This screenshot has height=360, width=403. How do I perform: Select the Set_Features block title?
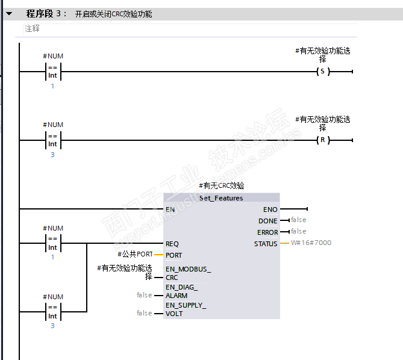pyautogui.click(x=221, y=198)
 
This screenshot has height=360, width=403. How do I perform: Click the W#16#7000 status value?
pyautogui.click(x=311, y=243)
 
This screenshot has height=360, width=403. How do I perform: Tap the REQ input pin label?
pyautogui.click(x=172, y=244)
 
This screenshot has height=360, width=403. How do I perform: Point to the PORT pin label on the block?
pyautogui.click(x=173, y=255)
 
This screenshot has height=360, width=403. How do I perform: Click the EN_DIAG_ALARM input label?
pyautogui.click(x=181, y=291)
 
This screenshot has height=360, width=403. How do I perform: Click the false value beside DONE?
pyautogui.click(x=298, y=220)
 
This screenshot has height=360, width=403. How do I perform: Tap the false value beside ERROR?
pyautogui.click(x=298, y=231)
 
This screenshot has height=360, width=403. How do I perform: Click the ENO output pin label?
pyautogui.click(x=270, y=209)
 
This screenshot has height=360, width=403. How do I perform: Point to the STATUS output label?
pyautogui.click(x=266, y=244)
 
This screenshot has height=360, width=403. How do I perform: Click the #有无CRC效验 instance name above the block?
pyautogui.click(x=221, y=186)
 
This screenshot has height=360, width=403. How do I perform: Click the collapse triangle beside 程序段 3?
pyautogui.click(x=8, y=13)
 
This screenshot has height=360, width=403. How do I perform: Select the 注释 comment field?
pyautogui.click(x=33, y=28)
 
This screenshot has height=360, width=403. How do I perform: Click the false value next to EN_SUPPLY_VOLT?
pyautogui.click(x=144, y=313)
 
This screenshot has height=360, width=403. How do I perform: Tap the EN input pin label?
pyautogui.click(x=170, y=209)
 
